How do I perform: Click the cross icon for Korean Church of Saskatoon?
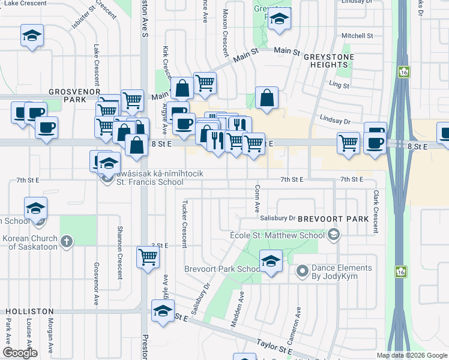coord(67,241)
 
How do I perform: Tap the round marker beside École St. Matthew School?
coord(335,235)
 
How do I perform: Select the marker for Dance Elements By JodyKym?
coord(301,273)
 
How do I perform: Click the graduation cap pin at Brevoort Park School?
coord(271,261)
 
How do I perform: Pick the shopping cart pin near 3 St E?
coord(148,257)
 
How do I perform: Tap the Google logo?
coord(20,353)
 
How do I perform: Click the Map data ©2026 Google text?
coord(411,355)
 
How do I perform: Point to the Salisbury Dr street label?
coord(277,218)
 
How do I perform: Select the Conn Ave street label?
coord(257,199)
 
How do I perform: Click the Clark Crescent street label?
coord(376,212)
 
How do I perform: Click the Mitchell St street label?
coord(357,36)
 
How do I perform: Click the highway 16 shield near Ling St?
coord(401,72)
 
